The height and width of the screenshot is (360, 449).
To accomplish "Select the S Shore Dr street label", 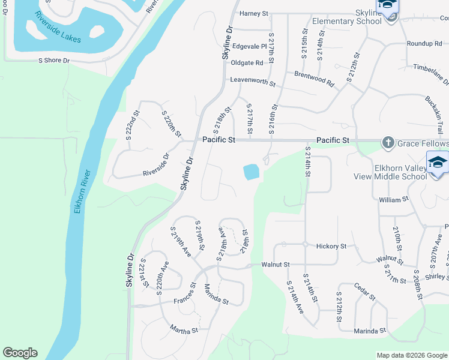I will click(54, 60).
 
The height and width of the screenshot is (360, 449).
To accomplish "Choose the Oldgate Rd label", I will click(247, 62).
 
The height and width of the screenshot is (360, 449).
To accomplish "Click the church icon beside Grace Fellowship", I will click(388, 143).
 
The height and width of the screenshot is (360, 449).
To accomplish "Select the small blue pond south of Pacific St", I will click(252, 173).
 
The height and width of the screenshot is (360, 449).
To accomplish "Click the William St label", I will click(394, 198).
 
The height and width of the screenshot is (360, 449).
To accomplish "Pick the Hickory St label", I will click(331, 246).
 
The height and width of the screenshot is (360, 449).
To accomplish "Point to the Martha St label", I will click(183, 328).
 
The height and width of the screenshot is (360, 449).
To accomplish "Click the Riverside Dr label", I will click(156, 166).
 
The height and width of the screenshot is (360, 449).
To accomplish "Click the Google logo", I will click(20, 353).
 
